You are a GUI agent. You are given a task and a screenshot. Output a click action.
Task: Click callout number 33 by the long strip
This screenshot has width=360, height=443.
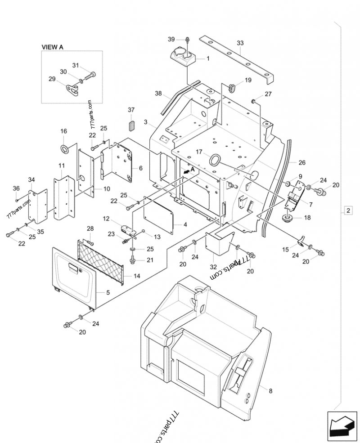coord(240,43)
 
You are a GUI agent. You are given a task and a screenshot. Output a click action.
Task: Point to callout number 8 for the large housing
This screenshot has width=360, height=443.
coord(270,391)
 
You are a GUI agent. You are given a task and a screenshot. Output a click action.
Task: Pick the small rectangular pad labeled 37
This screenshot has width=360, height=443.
coord(131,124)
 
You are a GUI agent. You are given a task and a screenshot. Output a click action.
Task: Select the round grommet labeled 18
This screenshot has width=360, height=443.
coord(285,219)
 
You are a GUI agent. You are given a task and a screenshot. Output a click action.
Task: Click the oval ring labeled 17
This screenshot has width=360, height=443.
coord(216,160)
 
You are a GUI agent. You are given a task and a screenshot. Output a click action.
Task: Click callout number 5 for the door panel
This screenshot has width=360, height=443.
coord(108,292)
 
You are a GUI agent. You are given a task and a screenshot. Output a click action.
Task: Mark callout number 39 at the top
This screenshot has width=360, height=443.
coord(171,40)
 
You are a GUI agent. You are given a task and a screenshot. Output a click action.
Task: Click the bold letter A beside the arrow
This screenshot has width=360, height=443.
coord(192,169)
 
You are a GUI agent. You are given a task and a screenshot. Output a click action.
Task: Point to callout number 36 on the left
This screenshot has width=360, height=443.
coord(16,188)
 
